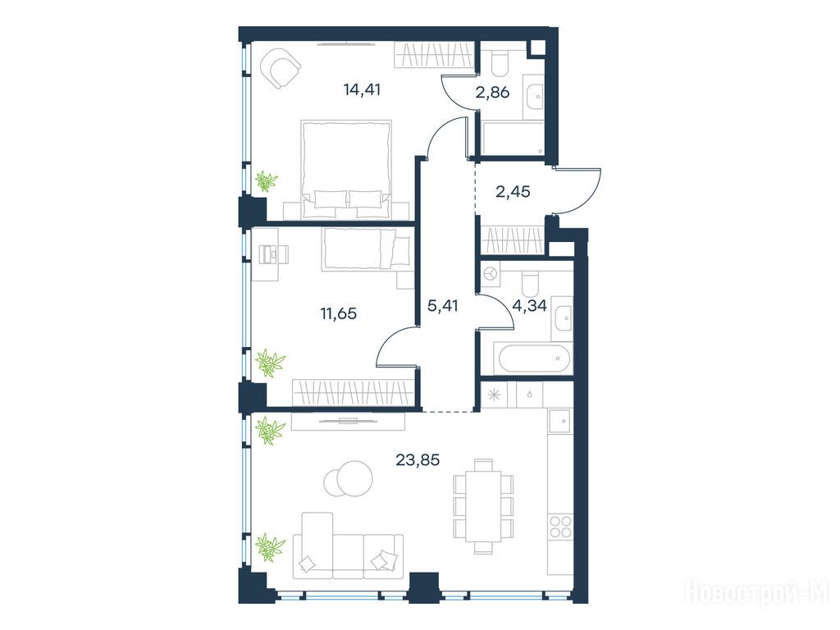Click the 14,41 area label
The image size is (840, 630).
(x=362, y=89)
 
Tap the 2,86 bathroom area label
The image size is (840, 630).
(x=492, y=93)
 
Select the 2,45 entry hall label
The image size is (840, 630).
(x=513, y=191)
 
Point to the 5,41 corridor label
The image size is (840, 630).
(x=442, y=306)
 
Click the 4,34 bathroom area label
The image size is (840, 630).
(x=529, y=306)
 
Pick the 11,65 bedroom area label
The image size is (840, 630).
(x=339, y=313)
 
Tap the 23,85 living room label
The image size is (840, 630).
(x=418, y=459)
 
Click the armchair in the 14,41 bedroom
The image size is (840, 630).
(x=280, y=68)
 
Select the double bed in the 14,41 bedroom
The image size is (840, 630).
(x=346, y=169)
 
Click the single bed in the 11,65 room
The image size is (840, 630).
(x=367, y=249)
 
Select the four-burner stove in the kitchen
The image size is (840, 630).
(x=560, y=526)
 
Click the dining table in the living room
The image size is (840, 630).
(x=483, y=505)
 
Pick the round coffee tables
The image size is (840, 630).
(x=348, y=478)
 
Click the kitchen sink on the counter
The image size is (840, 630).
(x=560, y=421)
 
